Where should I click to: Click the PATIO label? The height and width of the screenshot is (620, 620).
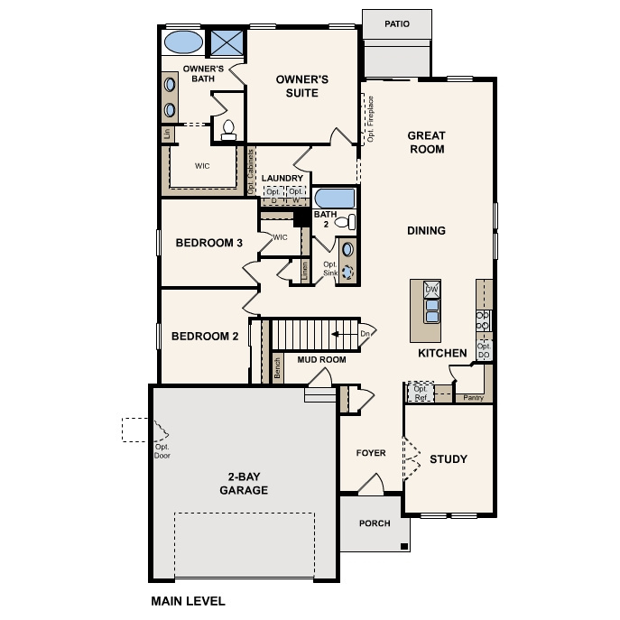point(395,24)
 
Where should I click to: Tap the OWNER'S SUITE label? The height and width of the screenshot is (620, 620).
point(302,86)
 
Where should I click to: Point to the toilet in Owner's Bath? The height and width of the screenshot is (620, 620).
point(227,130)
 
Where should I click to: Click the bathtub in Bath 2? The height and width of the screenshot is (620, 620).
point(335,198)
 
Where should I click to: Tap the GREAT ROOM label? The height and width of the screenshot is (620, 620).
point(426,143)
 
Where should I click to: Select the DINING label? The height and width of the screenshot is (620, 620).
point(426,231)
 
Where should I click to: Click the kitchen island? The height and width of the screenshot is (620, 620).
point(430,303)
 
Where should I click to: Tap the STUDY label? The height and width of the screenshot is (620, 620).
point(448,459)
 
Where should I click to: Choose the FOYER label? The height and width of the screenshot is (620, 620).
point(370,453)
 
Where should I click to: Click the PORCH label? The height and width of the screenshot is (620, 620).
point(375,523)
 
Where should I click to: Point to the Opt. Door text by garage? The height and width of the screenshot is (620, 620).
point(162,451)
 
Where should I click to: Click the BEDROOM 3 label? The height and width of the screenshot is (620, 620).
point(209,243)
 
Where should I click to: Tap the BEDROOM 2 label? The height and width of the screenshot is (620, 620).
point(205,337)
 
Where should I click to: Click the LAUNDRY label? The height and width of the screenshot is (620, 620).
point(282,179)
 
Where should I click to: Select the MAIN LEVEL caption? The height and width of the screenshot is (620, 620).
point(188,600)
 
